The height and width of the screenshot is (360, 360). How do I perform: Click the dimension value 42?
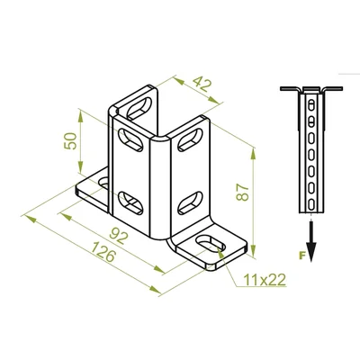[202, 85]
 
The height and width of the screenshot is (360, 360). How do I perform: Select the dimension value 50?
[71, 141]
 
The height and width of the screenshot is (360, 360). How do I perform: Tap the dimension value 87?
[243, 193]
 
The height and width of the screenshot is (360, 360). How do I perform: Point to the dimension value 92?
[119, 235]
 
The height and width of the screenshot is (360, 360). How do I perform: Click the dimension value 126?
[103, 252]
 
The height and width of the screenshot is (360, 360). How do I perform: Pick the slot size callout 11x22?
[265, 280]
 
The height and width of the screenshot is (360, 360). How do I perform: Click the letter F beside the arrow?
[302, 256]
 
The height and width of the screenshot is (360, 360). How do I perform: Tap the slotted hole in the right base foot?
[210, 243]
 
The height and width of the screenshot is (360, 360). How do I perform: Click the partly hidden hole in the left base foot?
[103, 183]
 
